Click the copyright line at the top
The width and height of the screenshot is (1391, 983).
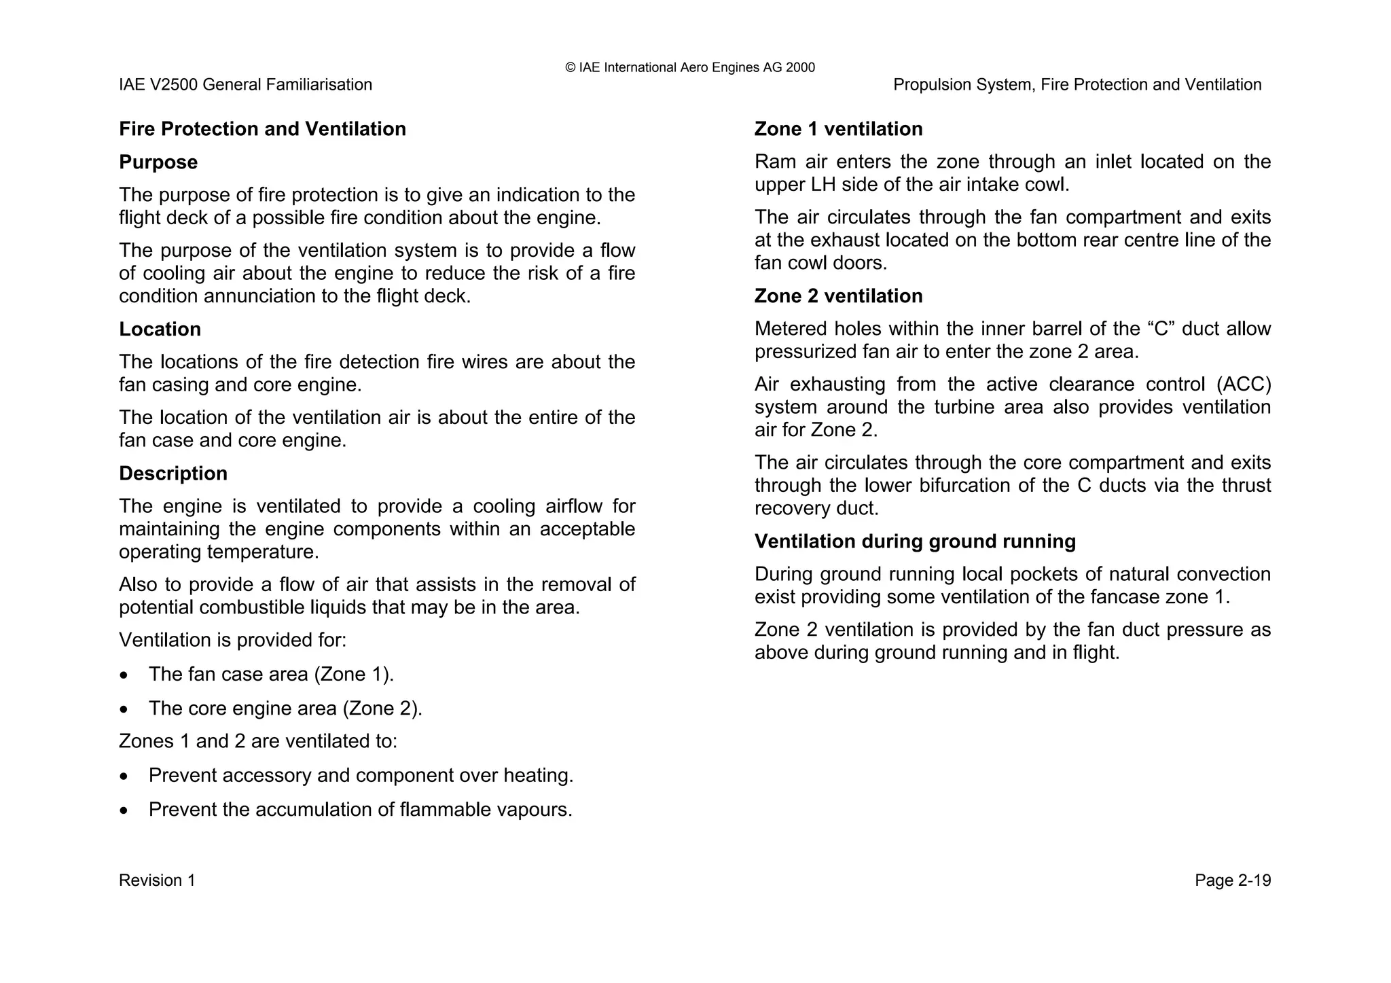tap(689, 67)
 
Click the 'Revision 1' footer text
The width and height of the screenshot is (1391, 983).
tap(157, 880)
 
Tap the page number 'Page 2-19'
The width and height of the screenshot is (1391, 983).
tap(1232, 880)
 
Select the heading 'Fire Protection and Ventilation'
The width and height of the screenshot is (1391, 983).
tap(262, 129)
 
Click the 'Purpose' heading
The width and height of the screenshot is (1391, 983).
tap(158, 162)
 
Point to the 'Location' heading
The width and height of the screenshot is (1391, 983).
tap(160, 329)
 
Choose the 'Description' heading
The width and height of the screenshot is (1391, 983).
tap(173, 473)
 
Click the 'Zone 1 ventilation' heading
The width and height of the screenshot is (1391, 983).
tap(838, 129)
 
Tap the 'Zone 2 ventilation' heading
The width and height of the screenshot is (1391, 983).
tap(838, 296)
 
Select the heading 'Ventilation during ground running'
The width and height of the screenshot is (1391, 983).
tap(915, 541)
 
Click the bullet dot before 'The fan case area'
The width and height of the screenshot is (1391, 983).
tap(123, 676)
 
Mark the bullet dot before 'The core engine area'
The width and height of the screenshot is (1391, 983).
tap(123, 710)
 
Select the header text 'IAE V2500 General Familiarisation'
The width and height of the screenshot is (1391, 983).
tap(245, 85)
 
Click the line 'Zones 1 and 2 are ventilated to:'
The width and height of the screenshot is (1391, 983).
tap(258, 741)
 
